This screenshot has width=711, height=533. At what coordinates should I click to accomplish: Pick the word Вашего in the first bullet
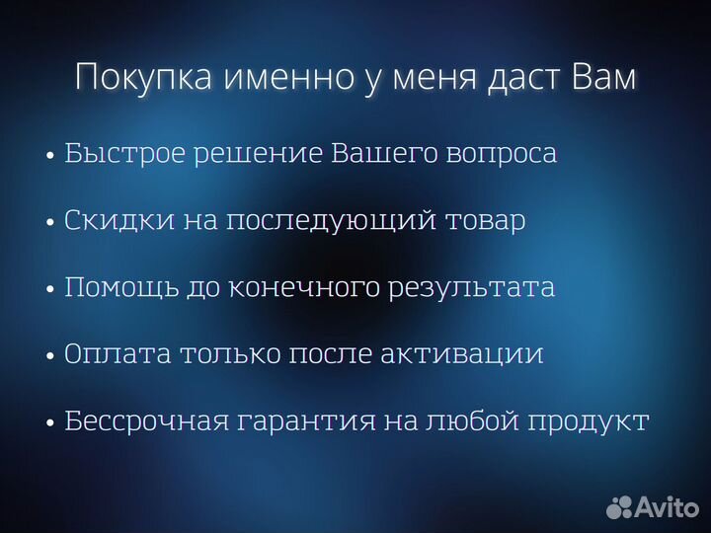point(374,155)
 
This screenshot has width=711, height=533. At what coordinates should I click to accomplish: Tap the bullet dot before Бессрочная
point(49,423)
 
